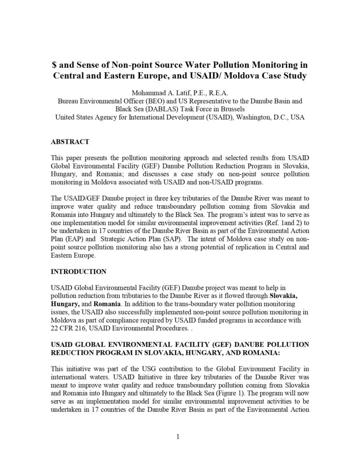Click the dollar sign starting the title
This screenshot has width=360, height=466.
tap(54, 65)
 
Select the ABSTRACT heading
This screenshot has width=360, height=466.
tap(70, 142)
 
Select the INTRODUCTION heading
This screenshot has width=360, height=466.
tap(79, 272)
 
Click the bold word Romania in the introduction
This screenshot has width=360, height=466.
tap(107, 304)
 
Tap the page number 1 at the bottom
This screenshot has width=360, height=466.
tap(178, 437)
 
